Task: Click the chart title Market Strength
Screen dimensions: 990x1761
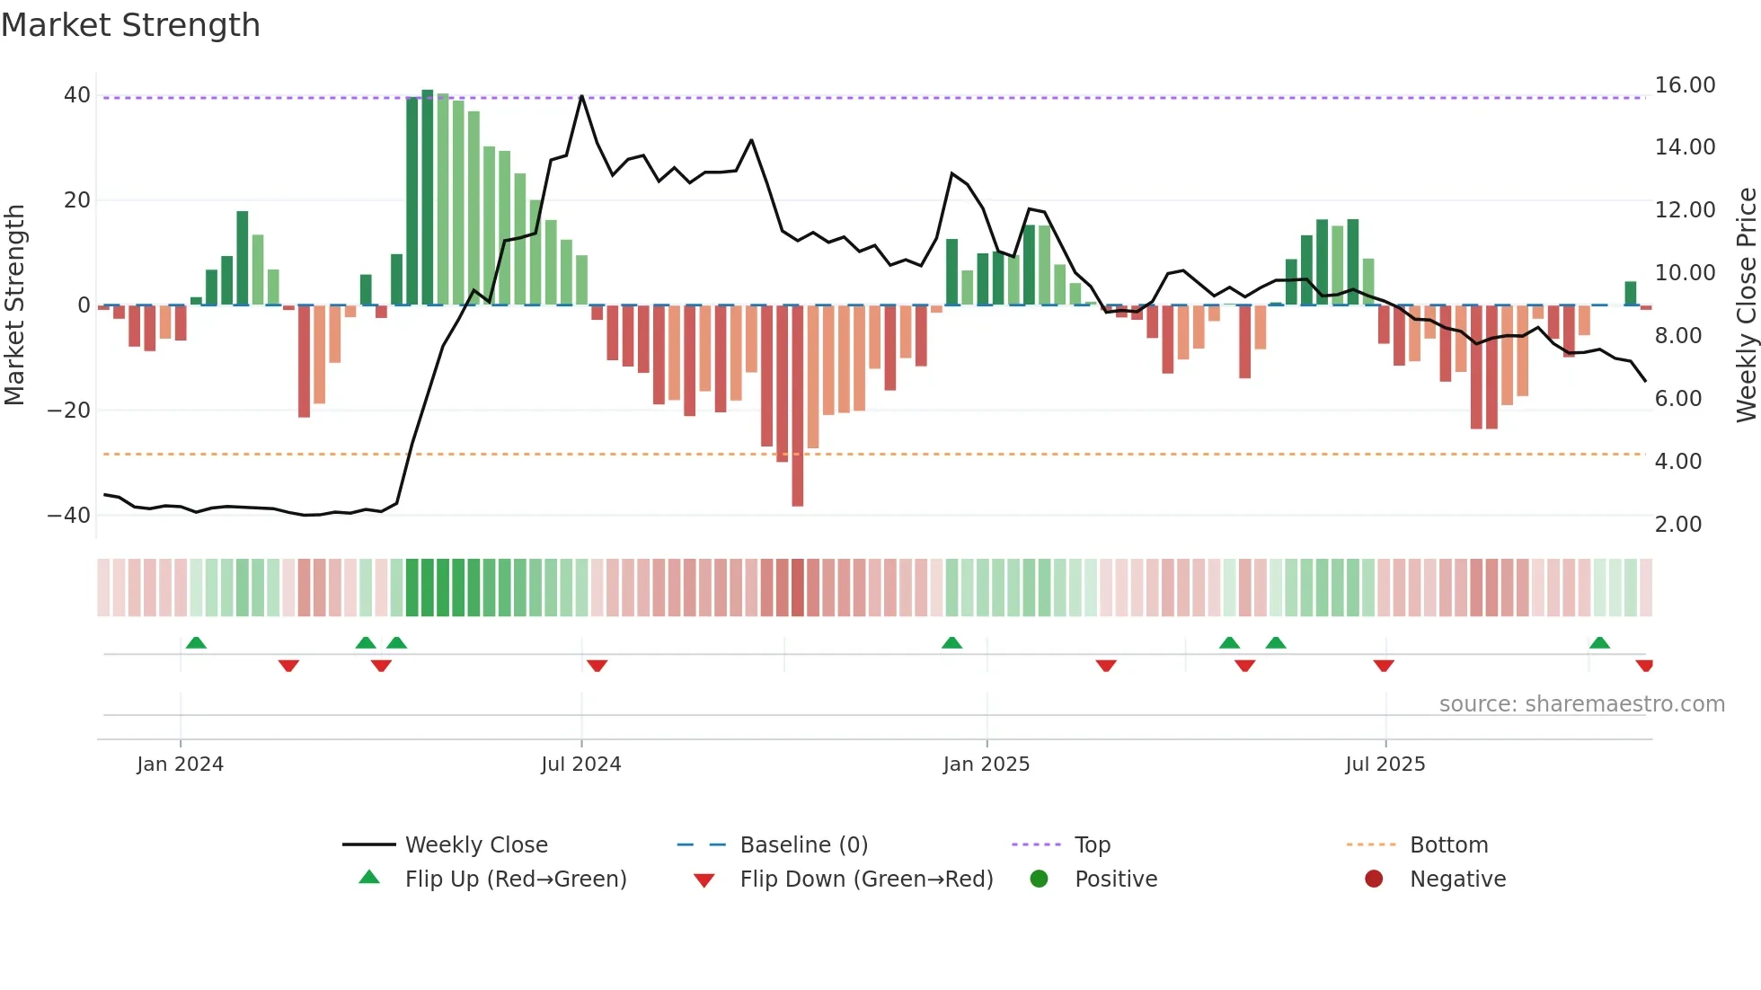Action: point(130,25)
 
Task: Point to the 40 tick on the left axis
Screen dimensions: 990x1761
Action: point(77,95)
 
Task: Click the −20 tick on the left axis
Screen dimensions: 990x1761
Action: point(68,411)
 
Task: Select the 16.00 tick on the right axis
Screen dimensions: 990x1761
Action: point(1685,85)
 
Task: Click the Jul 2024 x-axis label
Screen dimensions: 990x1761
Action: point(580,765)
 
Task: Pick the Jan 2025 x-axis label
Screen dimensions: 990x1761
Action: point(986,765)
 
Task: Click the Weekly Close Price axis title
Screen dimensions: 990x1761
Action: point(1746,305)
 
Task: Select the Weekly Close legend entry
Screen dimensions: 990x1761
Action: point(475,845)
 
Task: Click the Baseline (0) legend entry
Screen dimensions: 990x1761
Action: point(803,845)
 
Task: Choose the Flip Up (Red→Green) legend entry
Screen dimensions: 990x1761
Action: point(515,880)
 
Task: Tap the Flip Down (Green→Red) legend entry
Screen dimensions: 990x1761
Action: point(866,880)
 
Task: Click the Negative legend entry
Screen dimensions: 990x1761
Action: point(1456,880)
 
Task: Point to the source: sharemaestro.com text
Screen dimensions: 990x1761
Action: point(1581,704)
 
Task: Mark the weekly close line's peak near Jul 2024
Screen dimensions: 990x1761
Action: point(581,96)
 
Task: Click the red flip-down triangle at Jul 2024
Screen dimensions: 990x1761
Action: point(597,666)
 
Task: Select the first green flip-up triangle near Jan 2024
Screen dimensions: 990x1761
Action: point(196,642)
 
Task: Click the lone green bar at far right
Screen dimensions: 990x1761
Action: point(1630,294)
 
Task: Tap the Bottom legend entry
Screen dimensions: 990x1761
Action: point(1448,845)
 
